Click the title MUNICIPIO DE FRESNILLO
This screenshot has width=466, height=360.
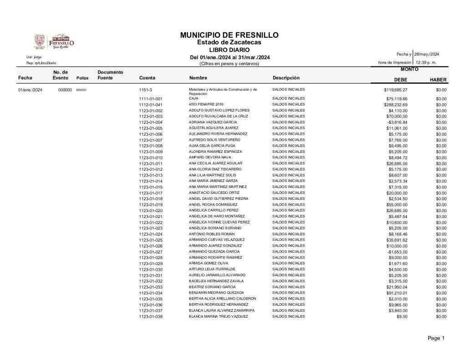[x=229, y=35]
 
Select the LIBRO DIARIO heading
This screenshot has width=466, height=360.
[x=229, y=50]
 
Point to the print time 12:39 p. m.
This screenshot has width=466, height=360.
[x=426, y=62]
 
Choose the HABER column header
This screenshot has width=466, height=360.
[x=438, y=80]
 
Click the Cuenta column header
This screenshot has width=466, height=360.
[x=147, y=78]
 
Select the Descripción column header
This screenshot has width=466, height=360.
[x=286, y=77]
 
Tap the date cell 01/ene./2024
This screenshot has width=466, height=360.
[x=30, y=90]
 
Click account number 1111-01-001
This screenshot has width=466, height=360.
[x=151, y=99]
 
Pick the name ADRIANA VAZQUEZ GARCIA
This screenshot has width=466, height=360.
[x=213, y=122]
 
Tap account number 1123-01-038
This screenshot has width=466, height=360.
[x=151, y=317]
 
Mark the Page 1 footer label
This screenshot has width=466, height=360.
[x=436, y=338]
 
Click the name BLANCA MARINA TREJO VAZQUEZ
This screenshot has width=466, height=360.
[x=218, y=316]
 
